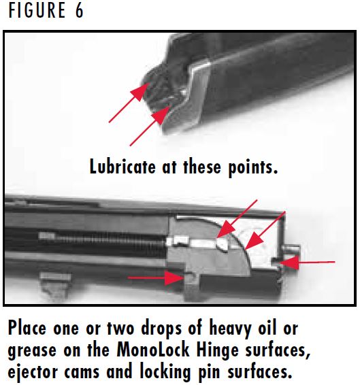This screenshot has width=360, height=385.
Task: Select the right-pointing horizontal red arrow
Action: click(x=150, y=278)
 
